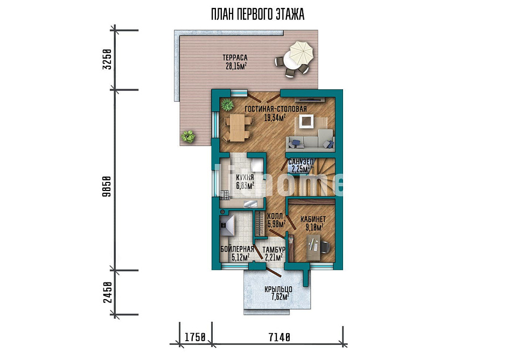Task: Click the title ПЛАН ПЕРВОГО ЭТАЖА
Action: [x=257, y=15]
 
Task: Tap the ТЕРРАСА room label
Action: [x=235, y=58]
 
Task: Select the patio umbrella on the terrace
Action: [x=301, y=53]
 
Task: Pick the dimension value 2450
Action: [x=108, y=293]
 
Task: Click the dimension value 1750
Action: [x=195, y=337]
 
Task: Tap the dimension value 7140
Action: [x=280, y=337]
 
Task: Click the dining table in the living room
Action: [x=237, y=128]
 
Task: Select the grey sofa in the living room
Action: [x=310, y=139]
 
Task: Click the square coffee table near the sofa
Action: [x=306, y=122]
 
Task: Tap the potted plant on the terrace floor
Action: [x=187, y=136]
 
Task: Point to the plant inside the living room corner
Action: [x=227, y=104]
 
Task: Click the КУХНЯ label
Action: [x=245, y=178]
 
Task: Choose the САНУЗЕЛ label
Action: [x=301, y=162]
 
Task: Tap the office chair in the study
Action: [x=325, y=247]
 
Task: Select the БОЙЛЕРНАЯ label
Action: [x=237, y=249]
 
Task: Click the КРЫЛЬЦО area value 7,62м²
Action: [x=280, y=297]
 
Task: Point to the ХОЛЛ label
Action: [x=275, y=216]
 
